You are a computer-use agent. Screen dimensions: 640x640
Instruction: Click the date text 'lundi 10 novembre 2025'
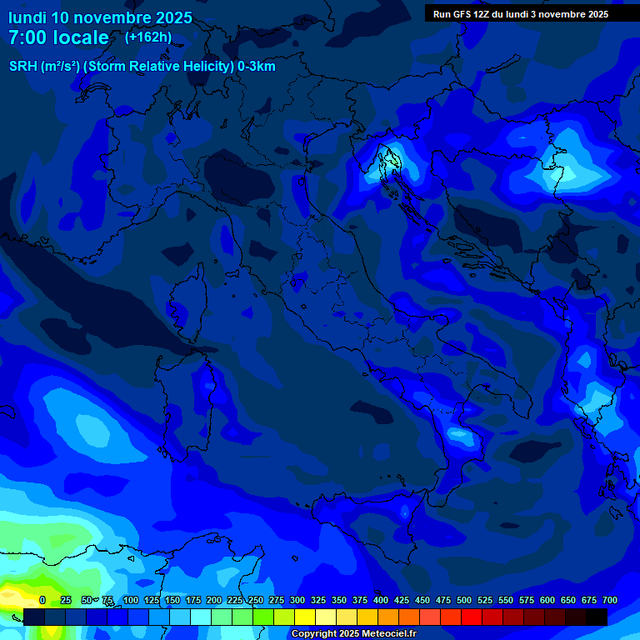point(100,17)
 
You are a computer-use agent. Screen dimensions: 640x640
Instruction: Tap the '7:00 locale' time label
point(58,38)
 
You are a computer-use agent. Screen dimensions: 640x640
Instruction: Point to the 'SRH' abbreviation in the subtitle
point(22,67)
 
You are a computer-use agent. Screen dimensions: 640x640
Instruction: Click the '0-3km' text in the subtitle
point(257,67)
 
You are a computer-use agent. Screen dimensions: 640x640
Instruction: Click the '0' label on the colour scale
point(42,600)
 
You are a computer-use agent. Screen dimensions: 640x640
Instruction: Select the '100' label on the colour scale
point(131,600)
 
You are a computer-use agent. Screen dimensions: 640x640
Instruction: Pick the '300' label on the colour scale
point(297,600)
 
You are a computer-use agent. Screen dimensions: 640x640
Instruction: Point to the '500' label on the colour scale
point(464,600)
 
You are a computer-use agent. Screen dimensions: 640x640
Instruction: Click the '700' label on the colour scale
point(610,600)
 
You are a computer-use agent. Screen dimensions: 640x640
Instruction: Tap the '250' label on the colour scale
point(256,600)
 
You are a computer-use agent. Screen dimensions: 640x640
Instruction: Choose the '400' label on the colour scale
point(381,600)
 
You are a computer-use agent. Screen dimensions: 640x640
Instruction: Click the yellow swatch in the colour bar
point(305,617)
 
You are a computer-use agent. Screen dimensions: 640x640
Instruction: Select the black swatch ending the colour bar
point(597,617)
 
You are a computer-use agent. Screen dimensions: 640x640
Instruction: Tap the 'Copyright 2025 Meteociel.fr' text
point(354,634)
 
